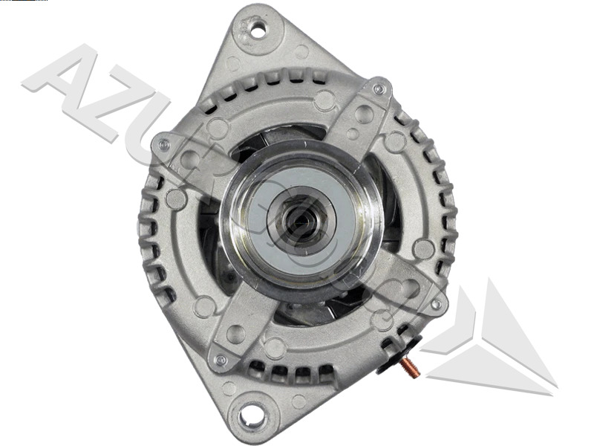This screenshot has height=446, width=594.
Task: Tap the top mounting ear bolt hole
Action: (258, 30)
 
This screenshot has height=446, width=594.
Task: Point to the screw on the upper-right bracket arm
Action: (379, 89)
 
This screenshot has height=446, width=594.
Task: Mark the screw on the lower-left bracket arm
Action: (220, 360)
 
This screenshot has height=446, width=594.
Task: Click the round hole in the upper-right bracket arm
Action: (364, 114)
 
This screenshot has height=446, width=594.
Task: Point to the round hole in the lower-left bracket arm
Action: (236, 334)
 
